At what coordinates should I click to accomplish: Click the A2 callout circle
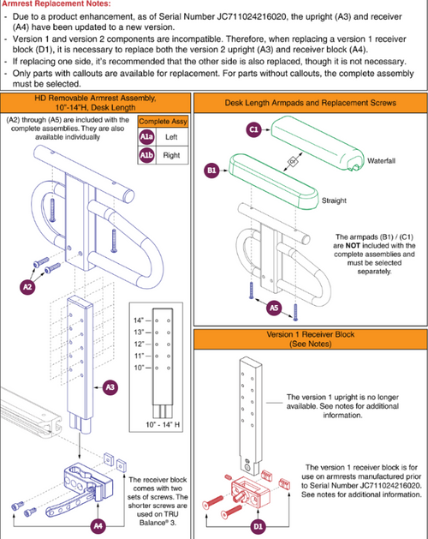coord(27,286)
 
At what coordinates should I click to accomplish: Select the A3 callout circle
coord(110,387)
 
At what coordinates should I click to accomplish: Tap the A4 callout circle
coord(98,525)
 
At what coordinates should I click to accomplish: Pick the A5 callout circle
coord(274,308)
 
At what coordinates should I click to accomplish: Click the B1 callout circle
coord(212,171)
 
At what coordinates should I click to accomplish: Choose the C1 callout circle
coord(254,129)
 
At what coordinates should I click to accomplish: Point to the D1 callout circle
coord(258,526)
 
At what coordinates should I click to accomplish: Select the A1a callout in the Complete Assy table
coord(146,137)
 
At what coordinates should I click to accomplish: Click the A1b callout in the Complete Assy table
coord(146,155)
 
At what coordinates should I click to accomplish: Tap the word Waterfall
coord(381,161)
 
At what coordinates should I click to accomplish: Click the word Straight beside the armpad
coord(334,201)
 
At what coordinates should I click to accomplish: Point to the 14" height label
coord(139,320)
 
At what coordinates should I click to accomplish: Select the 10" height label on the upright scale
coord(139,368)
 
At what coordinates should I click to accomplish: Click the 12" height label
coord(139,344)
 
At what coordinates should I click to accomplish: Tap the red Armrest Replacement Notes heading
coord(56,4)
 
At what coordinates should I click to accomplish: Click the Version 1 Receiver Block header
coord(311,339)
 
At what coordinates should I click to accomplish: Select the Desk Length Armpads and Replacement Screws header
coord(311,103)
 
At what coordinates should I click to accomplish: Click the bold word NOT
coord(353,246)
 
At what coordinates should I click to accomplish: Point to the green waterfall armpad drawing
coord(318,144)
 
